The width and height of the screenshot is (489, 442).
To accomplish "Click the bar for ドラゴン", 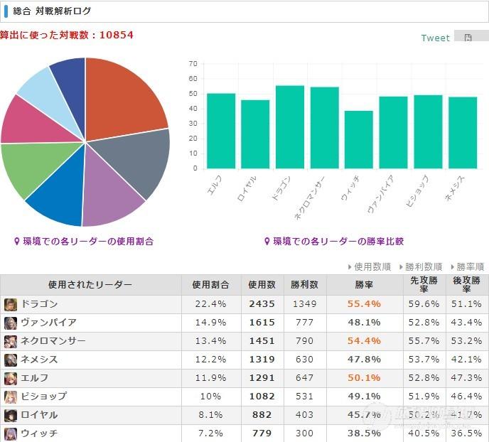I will pos(290,127).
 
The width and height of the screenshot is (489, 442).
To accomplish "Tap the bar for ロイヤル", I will pos(255,134).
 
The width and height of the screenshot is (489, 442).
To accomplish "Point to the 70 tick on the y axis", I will pos(193,64).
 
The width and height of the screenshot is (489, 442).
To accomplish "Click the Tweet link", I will pos(435,38).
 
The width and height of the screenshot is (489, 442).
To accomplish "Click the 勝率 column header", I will pos(364,285).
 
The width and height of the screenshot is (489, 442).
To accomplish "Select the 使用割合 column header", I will pos(210,285).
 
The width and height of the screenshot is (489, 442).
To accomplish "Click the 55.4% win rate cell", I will pos(364,304).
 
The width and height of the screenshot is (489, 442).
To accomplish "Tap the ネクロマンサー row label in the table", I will pos(54,341).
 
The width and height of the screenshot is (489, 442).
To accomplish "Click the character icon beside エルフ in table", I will pos(11,378).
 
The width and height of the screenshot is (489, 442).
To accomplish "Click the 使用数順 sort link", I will pos(371,266).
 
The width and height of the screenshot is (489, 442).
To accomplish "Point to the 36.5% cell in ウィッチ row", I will pos(466,433).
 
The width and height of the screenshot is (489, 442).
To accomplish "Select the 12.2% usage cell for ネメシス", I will pos(210,360).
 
